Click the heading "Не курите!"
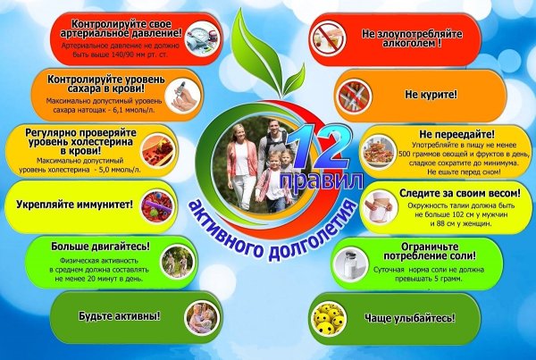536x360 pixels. (431, 93)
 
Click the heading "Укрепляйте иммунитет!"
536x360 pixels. (75, 205)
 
